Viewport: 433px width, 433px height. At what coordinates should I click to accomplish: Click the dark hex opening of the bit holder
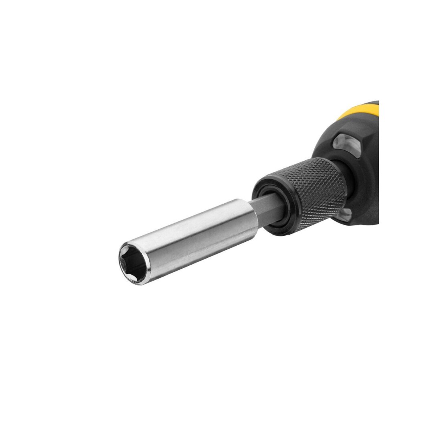132,264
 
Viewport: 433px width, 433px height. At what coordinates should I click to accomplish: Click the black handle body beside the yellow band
361,132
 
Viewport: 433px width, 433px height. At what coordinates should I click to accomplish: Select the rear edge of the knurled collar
341,176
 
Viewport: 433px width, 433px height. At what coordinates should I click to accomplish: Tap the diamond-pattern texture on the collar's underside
321,216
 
